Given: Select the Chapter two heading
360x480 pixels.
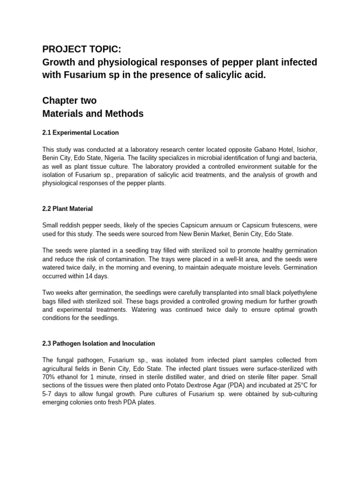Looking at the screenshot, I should click(x=69, y=100).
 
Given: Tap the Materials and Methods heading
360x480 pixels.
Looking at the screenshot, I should click(x=93, y=113).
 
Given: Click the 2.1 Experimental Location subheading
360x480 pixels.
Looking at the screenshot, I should click(x=80, y=133).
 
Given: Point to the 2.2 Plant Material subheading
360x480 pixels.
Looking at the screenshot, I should click(x=68, y=209).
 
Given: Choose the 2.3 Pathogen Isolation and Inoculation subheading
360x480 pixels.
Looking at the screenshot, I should click(x=98, y=344).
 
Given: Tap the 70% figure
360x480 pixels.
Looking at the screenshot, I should click(x=48, y=377).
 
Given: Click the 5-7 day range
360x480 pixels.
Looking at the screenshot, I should click(x=49, y=394).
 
